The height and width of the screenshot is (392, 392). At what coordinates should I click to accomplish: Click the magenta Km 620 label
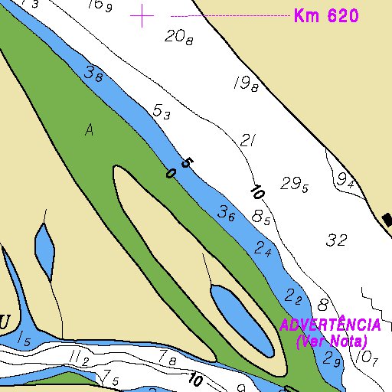(326, 16)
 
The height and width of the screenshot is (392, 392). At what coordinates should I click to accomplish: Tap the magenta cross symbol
(142, 15)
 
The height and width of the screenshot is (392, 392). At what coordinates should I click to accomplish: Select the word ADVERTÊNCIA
(330, 325)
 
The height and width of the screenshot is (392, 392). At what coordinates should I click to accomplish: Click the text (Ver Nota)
(332, 341)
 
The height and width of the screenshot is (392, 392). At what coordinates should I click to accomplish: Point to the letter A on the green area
(90, 131)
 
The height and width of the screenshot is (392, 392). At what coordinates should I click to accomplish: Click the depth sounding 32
(336, 240)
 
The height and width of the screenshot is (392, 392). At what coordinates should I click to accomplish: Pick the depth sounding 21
(247, 140)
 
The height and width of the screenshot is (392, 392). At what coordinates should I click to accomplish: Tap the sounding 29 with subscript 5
(294, 185)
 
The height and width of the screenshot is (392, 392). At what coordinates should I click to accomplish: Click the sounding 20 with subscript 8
(178, 36)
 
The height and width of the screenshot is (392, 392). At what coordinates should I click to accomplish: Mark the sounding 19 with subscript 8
(244, 84)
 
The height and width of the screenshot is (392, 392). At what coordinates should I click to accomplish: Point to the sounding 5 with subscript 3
(161, 113)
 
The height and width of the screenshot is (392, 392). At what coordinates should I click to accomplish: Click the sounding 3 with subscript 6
(226, 214)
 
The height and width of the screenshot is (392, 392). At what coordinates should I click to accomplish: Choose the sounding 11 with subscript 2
(79, 358)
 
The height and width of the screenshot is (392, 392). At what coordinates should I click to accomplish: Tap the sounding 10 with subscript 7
(367, 357)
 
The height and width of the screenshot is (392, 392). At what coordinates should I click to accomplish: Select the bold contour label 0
(170, 174)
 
